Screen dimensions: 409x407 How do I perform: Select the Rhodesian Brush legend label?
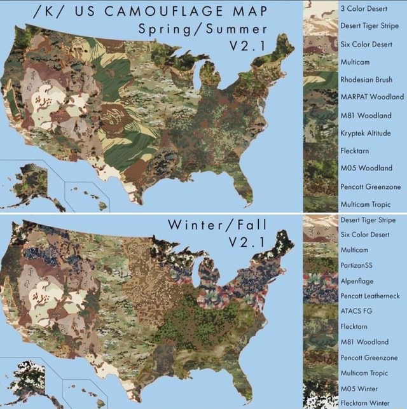pyautogui.click(x=366, y=80)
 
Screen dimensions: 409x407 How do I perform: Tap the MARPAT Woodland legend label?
pyautogui.click(x=372, y=97)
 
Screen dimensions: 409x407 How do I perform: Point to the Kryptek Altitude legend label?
pyautogui.click(x=365, y=133)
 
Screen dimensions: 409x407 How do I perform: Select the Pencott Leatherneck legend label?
pyautogui.click(x=369, y=296)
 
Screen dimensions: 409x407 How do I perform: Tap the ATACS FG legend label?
pyautogui.click(x=356, y=311)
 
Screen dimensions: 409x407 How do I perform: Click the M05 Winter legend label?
pyautogui.click(x=359, y=388)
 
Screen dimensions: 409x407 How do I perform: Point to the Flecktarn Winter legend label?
pyautogui.click(x=365, y=402)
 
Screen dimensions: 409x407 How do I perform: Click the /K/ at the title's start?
pyautogui.click(x=48, y=11)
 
